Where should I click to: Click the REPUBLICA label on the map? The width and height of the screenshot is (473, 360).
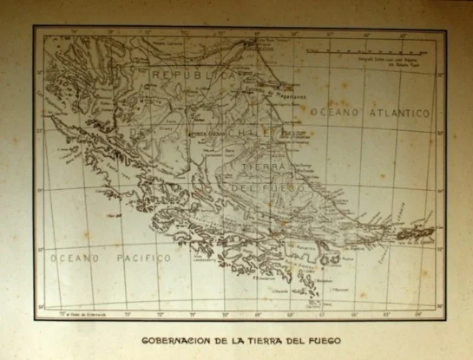tap(194, 75)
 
